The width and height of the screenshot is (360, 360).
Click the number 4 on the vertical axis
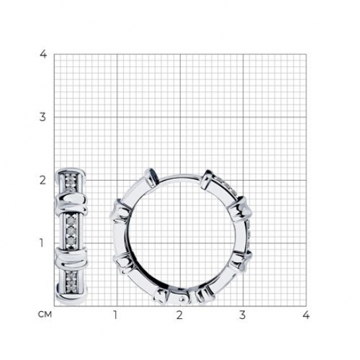(x=44, y=54)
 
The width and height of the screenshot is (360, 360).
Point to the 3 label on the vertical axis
(x=43, y=117)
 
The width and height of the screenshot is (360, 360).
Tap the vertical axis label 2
(x=43, y=181)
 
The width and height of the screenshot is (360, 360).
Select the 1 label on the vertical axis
(x=41, y=243)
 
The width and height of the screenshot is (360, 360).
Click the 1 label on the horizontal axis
(x=115, y=315)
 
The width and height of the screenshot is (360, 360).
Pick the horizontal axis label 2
(x=179, y=315)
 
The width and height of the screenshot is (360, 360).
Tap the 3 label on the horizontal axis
(x=242, y=315)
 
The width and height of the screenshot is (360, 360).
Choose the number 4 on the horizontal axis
(x=306, y=315)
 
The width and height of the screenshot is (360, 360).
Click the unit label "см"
(x=45, y=314)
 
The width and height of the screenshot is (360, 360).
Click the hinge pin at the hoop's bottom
(x=182, y=299)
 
